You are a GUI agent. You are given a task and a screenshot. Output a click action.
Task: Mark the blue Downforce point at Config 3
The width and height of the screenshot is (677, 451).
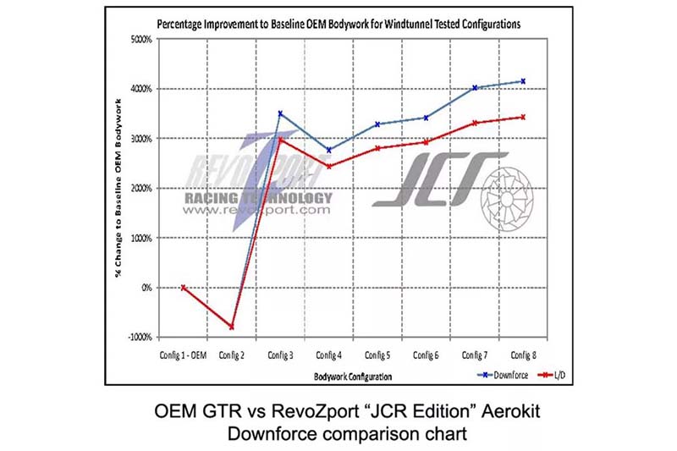tap(280, 113)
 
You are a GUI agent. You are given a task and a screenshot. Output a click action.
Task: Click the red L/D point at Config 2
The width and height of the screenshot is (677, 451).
tap(232, 327)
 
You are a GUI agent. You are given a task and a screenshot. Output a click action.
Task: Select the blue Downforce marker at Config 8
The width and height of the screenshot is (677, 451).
tap(523, 81)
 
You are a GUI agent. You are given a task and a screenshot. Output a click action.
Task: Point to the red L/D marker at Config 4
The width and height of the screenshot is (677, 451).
tap(328, 166)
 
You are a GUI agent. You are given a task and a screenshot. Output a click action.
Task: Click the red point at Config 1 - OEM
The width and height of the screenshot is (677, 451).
tap(183, 288)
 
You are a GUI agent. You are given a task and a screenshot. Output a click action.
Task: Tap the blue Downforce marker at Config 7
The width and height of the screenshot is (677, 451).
tap(475, 87)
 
